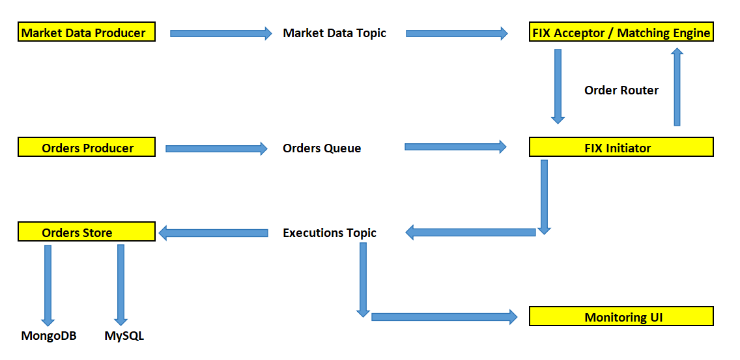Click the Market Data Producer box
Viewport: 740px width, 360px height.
point(87,32)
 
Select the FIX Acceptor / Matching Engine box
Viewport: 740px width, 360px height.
point(621,32)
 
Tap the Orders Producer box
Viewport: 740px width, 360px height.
point(87,146)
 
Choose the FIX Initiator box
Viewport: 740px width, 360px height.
point(621,146)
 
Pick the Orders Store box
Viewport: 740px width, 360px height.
point(87,231)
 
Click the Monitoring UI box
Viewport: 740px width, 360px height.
point(621,316)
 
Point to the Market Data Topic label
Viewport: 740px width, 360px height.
point(334,33)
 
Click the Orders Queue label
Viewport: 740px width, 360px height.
point(322,148)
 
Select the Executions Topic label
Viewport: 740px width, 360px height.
point(330,232)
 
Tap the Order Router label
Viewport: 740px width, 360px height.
point(621,90)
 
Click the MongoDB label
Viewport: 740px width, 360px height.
point(49,336)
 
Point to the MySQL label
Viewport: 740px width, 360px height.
point(124,336)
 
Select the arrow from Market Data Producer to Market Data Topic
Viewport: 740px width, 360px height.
point(221,33)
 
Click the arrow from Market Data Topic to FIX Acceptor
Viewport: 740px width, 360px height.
point(457,33)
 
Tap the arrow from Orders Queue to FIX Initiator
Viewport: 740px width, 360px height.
point(455,147)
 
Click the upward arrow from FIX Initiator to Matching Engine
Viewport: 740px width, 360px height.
point(677,87)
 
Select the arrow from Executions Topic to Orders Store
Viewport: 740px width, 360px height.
point(214,232)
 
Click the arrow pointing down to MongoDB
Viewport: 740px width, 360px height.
point(47,285)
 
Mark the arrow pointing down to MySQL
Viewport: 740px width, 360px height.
point(121,285)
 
